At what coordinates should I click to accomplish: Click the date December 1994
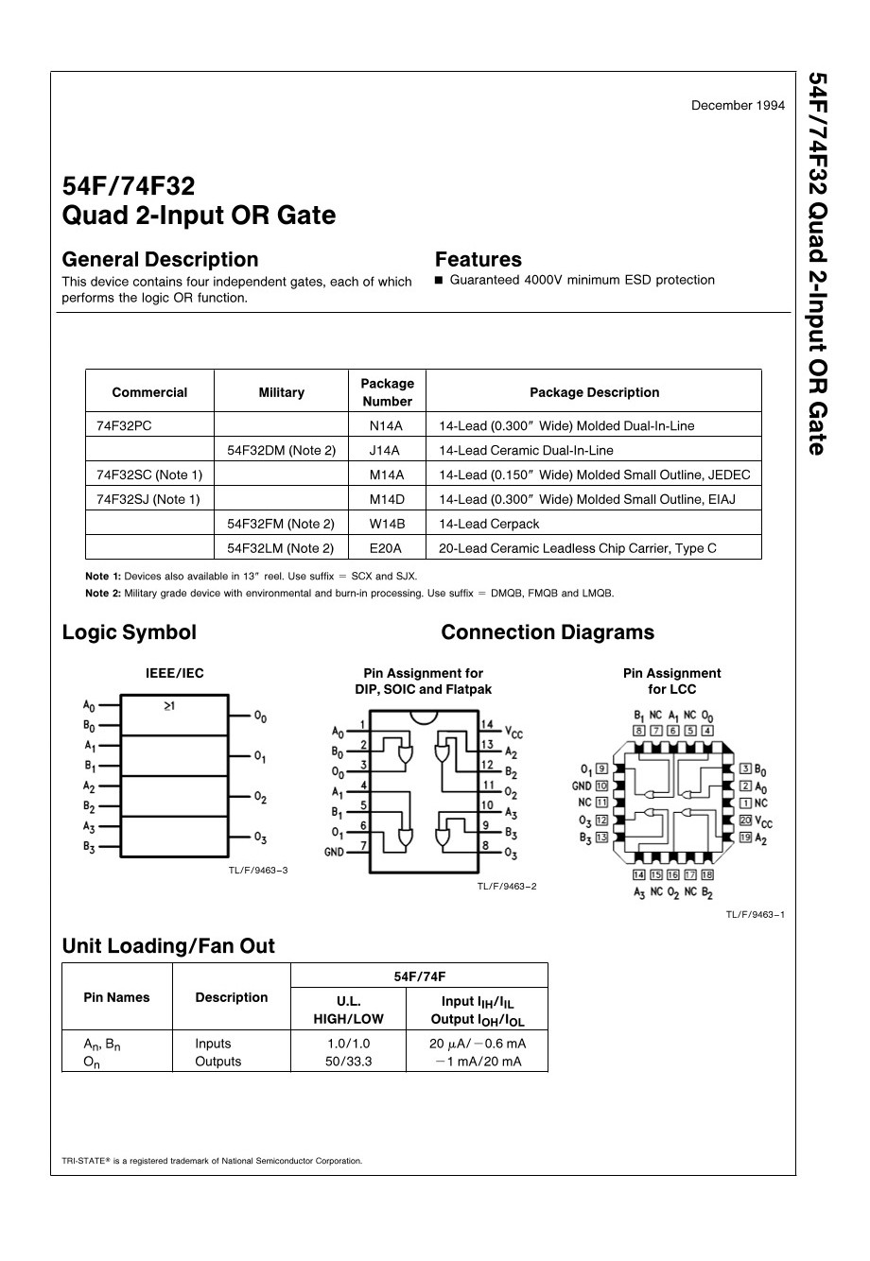click(738, 105)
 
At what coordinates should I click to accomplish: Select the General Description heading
click(160, 260)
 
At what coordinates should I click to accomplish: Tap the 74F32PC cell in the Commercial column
click(124, 425)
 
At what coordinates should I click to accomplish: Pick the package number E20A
click(386, 548)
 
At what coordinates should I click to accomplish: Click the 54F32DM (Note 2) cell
click(282, 450)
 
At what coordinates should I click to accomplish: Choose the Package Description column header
click(594, 392)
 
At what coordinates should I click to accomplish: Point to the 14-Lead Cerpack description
click(489, 524)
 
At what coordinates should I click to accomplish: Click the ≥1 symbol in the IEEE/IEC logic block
click(169, 706)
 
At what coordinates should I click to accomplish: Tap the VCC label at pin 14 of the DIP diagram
click(513, 732)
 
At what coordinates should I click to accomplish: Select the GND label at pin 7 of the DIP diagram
click(335, 852)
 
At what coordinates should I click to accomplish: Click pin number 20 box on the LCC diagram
click(745, 821)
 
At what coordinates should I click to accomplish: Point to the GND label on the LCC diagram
click(582, 786)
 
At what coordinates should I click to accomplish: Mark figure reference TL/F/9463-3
click(257, 870)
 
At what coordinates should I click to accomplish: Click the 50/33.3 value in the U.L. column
click(348, 1062)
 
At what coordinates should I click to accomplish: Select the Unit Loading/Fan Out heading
click(168, 946)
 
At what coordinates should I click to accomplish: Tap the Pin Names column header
click(117, 997)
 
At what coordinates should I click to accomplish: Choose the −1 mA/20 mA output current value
click(478, 1062)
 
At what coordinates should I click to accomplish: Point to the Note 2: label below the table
click(103, 594)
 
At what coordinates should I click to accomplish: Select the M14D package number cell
click(386, 499)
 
